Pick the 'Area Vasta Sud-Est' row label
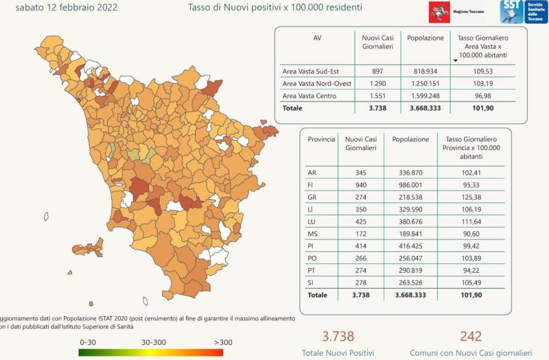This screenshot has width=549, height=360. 310,71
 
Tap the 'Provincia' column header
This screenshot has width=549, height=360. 321,139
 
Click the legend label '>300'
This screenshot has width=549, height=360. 222,341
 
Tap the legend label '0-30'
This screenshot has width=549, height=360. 88,341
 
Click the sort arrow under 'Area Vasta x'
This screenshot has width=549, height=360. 455,60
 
